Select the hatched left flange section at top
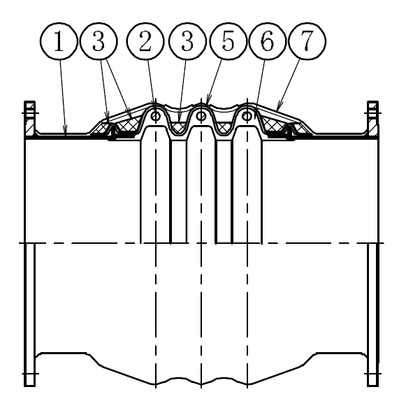[x=30, y=119]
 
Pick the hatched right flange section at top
[x=372, y=119]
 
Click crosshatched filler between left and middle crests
[x=178, y=127]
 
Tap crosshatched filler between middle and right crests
[x=224, y=127]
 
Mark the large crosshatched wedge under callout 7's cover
[x=273, y=124]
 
